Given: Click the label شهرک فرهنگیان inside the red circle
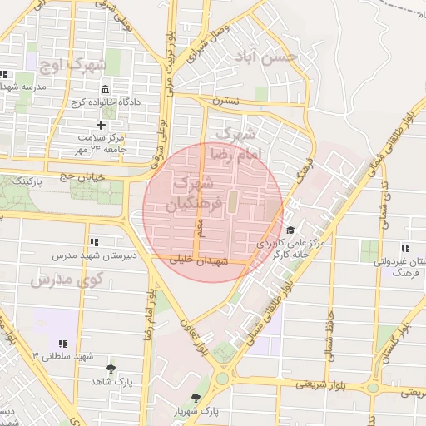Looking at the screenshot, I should click(x=193, y=192).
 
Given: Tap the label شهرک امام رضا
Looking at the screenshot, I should click(x=237, y=143).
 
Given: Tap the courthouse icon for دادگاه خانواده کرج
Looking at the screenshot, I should click(x=104, y=89).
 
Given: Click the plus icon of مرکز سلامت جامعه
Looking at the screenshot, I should click(x=102, y=125).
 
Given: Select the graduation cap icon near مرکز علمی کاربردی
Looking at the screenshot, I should click(x=290, y=230).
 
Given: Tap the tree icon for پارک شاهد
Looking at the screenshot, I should click(x=111, y=369).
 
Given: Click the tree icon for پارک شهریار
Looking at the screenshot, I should click(x=196, y=398).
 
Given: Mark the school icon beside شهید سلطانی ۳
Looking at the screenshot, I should click(x=62, y=344).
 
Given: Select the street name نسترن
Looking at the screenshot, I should click(x=225, y=101).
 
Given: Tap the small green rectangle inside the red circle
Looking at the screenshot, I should click(x=233, y=201).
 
